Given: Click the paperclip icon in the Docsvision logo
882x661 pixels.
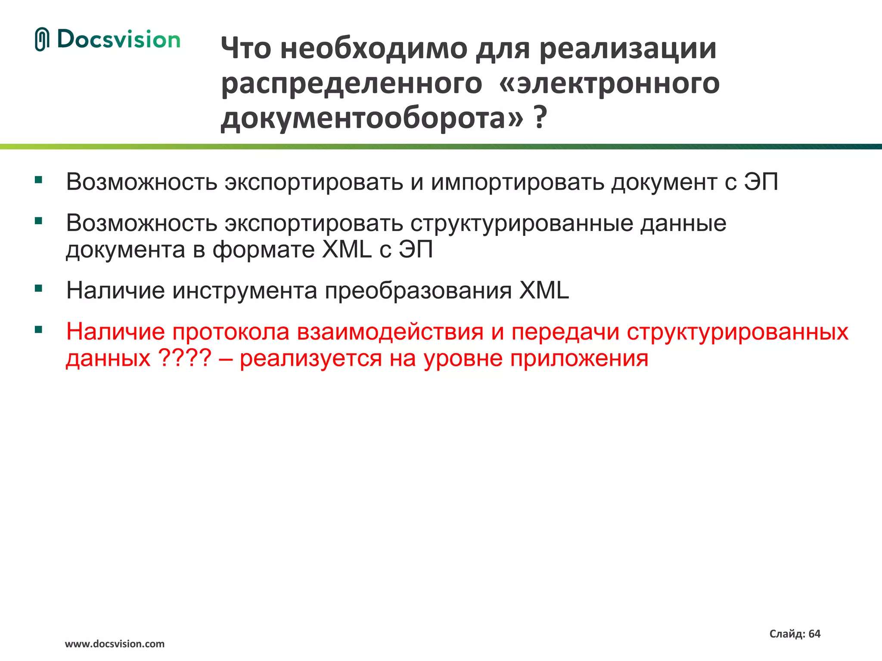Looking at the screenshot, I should point(42,40).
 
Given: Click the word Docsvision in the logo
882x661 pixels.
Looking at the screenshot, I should point(118,40).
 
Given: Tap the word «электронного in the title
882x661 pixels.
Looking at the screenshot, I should point(609,83).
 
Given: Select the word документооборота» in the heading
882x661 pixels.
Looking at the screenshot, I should point(372,117).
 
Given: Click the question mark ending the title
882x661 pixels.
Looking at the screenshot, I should point(540,117).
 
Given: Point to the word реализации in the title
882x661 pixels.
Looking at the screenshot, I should point(628,48).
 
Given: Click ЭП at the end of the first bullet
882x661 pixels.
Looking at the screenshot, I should point(761,182).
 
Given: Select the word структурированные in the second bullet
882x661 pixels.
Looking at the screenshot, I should point(521,223).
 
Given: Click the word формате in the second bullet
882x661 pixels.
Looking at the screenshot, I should point(264,250).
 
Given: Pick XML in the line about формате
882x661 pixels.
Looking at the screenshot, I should point(347,250).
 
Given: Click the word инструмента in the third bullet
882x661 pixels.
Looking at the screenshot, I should point(245,290).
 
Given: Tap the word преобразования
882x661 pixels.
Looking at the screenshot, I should point(418,290).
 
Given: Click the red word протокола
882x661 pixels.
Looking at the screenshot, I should point(231,332).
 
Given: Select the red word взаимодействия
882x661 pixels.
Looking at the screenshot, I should point(390,332).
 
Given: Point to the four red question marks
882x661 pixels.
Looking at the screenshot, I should point(185,358).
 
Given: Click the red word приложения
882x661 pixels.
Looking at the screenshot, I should point(579,358).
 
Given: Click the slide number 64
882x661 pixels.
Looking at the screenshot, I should point(814,634).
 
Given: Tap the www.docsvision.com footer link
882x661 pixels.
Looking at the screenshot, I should point(115,644).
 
